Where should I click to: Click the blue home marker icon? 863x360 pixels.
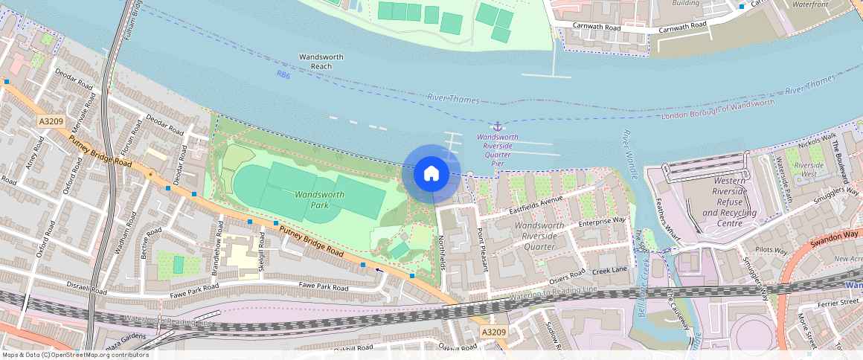[x=431, y=174]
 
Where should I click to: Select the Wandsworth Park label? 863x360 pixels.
[x=319, y=199]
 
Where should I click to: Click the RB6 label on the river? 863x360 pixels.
[x=283, y=74]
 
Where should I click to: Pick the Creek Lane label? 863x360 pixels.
[x=609, y=270]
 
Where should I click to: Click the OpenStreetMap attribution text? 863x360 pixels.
[x=75, y=355]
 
